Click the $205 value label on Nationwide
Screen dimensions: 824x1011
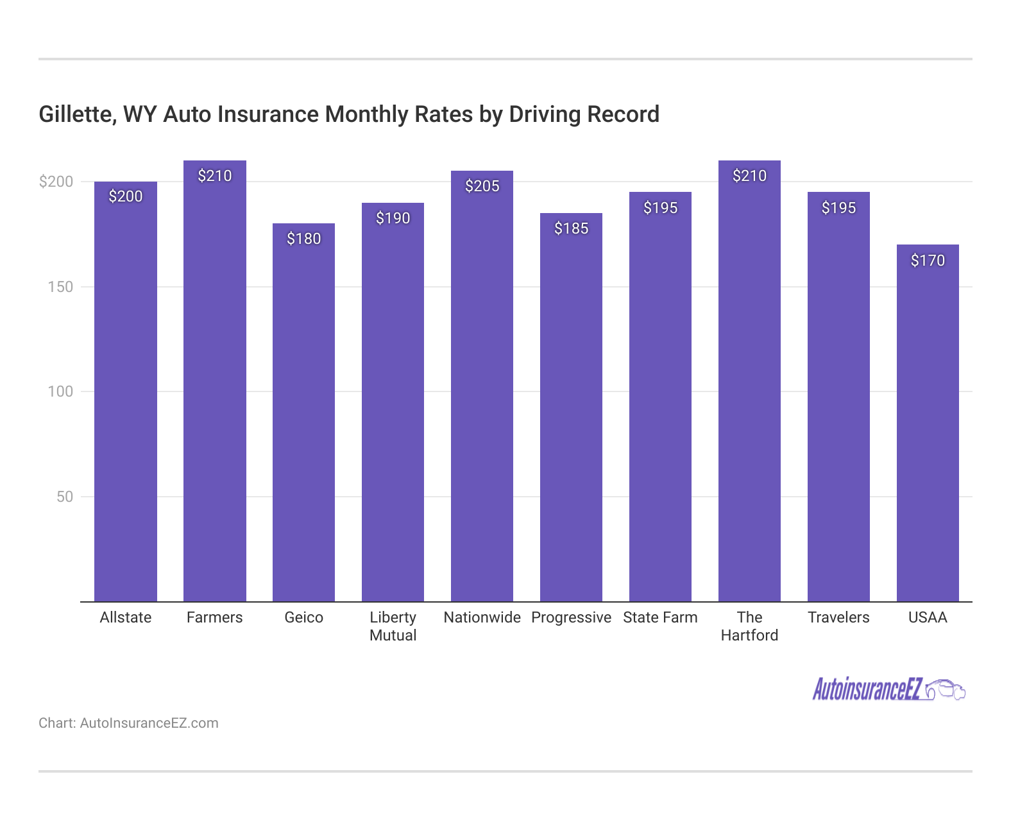482,186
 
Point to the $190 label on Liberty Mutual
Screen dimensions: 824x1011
393,218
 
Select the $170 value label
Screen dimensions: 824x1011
928,261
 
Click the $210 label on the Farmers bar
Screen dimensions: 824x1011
214,176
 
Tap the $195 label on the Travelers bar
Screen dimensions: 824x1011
838,208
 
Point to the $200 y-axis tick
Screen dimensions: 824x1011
56,182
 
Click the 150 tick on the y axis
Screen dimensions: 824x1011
60,287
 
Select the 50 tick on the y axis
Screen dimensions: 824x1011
65,497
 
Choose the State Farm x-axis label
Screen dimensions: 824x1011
660,617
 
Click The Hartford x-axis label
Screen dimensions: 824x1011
749,626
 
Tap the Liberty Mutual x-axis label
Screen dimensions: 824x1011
393,626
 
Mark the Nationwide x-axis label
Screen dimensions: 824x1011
482,617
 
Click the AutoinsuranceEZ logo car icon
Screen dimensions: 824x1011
946,690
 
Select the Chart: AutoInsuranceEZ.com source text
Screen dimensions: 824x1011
128,723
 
